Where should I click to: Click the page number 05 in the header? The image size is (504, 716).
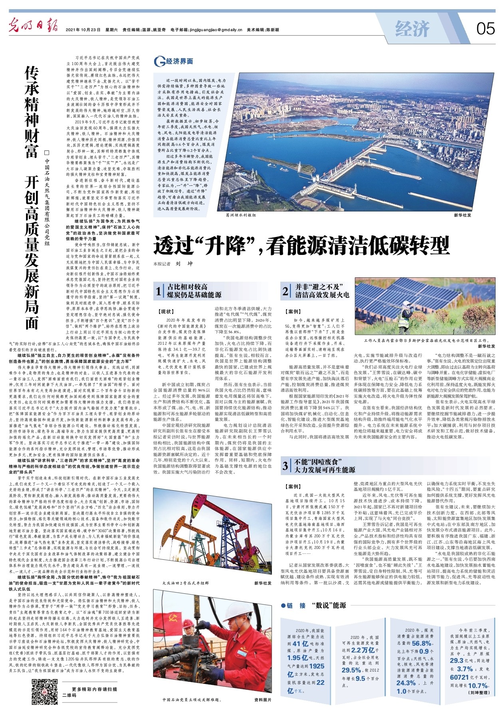pos(485,29)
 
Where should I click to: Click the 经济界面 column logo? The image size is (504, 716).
pos(174,61)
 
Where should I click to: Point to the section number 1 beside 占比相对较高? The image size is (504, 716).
pos(159,291)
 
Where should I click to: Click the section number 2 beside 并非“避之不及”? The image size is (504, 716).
pos(286,291)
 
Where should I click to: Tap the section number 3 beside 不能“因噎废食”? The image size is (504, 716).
pos(286,466)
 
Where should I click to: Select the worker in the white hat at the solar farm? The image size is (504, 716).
pos(407,314)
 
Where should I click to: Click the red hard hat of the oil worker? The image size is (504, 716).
pos(188,623)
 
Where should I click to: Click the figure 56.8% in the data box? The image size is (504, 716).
pos(421,643)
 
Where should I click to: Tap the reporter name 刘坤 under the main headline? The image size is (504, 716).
pos(184,264)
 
